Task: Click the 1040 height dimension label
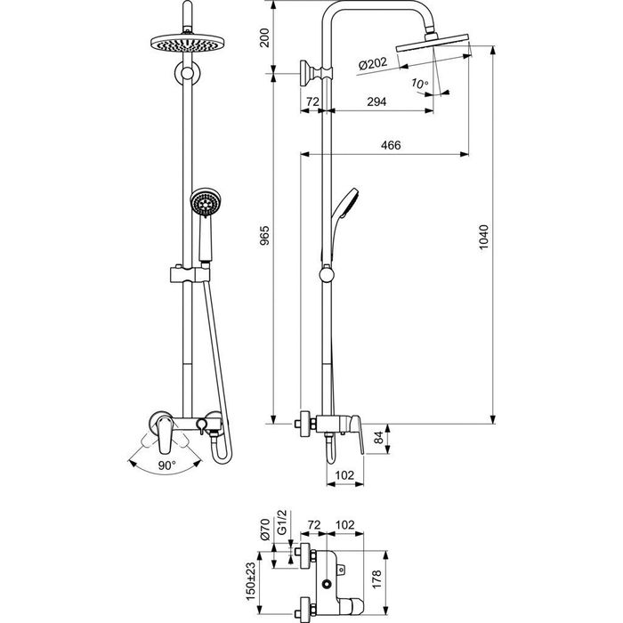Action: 483,238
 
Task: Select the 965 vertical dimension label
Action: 264,235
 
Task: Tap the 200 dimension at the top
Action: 264,37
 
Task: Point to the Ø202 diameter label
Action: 373,63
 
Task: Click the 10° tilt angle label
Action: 419,84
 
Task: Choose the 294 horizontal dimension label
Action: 376,101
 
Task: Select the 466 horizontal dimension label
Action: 391,145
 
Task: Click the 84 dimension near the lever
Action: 379,438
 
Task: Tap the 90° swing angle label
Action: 167,465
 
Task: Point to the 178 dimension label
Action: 376,578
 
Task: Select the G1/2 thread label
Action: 282,524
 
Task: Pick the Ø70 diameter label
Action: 265,529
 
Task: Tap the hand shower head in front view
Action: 206,202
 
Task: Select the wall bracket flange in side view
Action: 305,73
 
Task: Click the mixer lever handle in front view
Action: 165,434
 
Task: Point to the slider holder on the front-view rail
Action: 190,274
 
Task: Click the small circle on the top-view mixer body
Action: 327,584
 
